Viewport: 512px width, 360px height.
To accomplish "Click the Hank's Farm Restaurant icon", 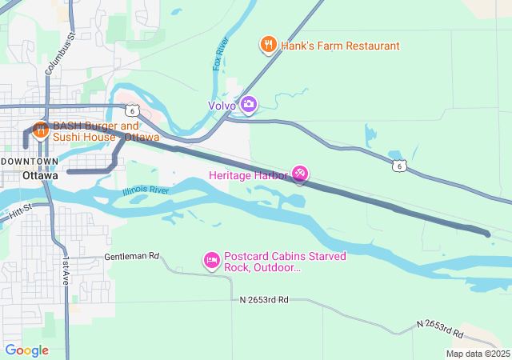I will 269,46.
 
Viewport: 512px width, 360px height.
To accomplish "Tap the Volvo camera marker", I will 249,105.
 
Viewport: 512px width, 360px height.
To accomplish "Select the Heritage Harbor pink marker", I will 300,174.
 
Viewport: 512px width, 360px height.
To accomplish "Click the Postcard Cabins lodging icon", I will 212,261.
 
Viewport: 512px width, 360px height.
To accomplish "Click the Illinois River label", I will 146,191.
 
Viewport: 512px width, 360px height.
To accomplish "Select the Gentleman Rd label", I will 132,258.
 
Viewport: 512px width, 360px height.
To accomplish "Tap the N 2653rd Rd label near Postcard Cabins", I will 263,299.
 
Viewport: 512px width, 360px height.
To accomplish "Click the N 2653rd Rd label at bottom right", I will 439,327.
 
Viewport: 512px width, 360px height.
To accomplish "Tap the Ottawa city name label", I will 40,175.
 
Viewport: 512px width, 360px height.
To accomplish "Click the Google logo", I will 26,350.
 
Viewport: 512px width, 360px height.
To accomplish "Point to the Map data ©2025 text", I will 477,354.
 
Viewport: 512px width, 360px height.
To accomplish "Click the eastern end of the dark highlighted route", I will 487,234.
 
